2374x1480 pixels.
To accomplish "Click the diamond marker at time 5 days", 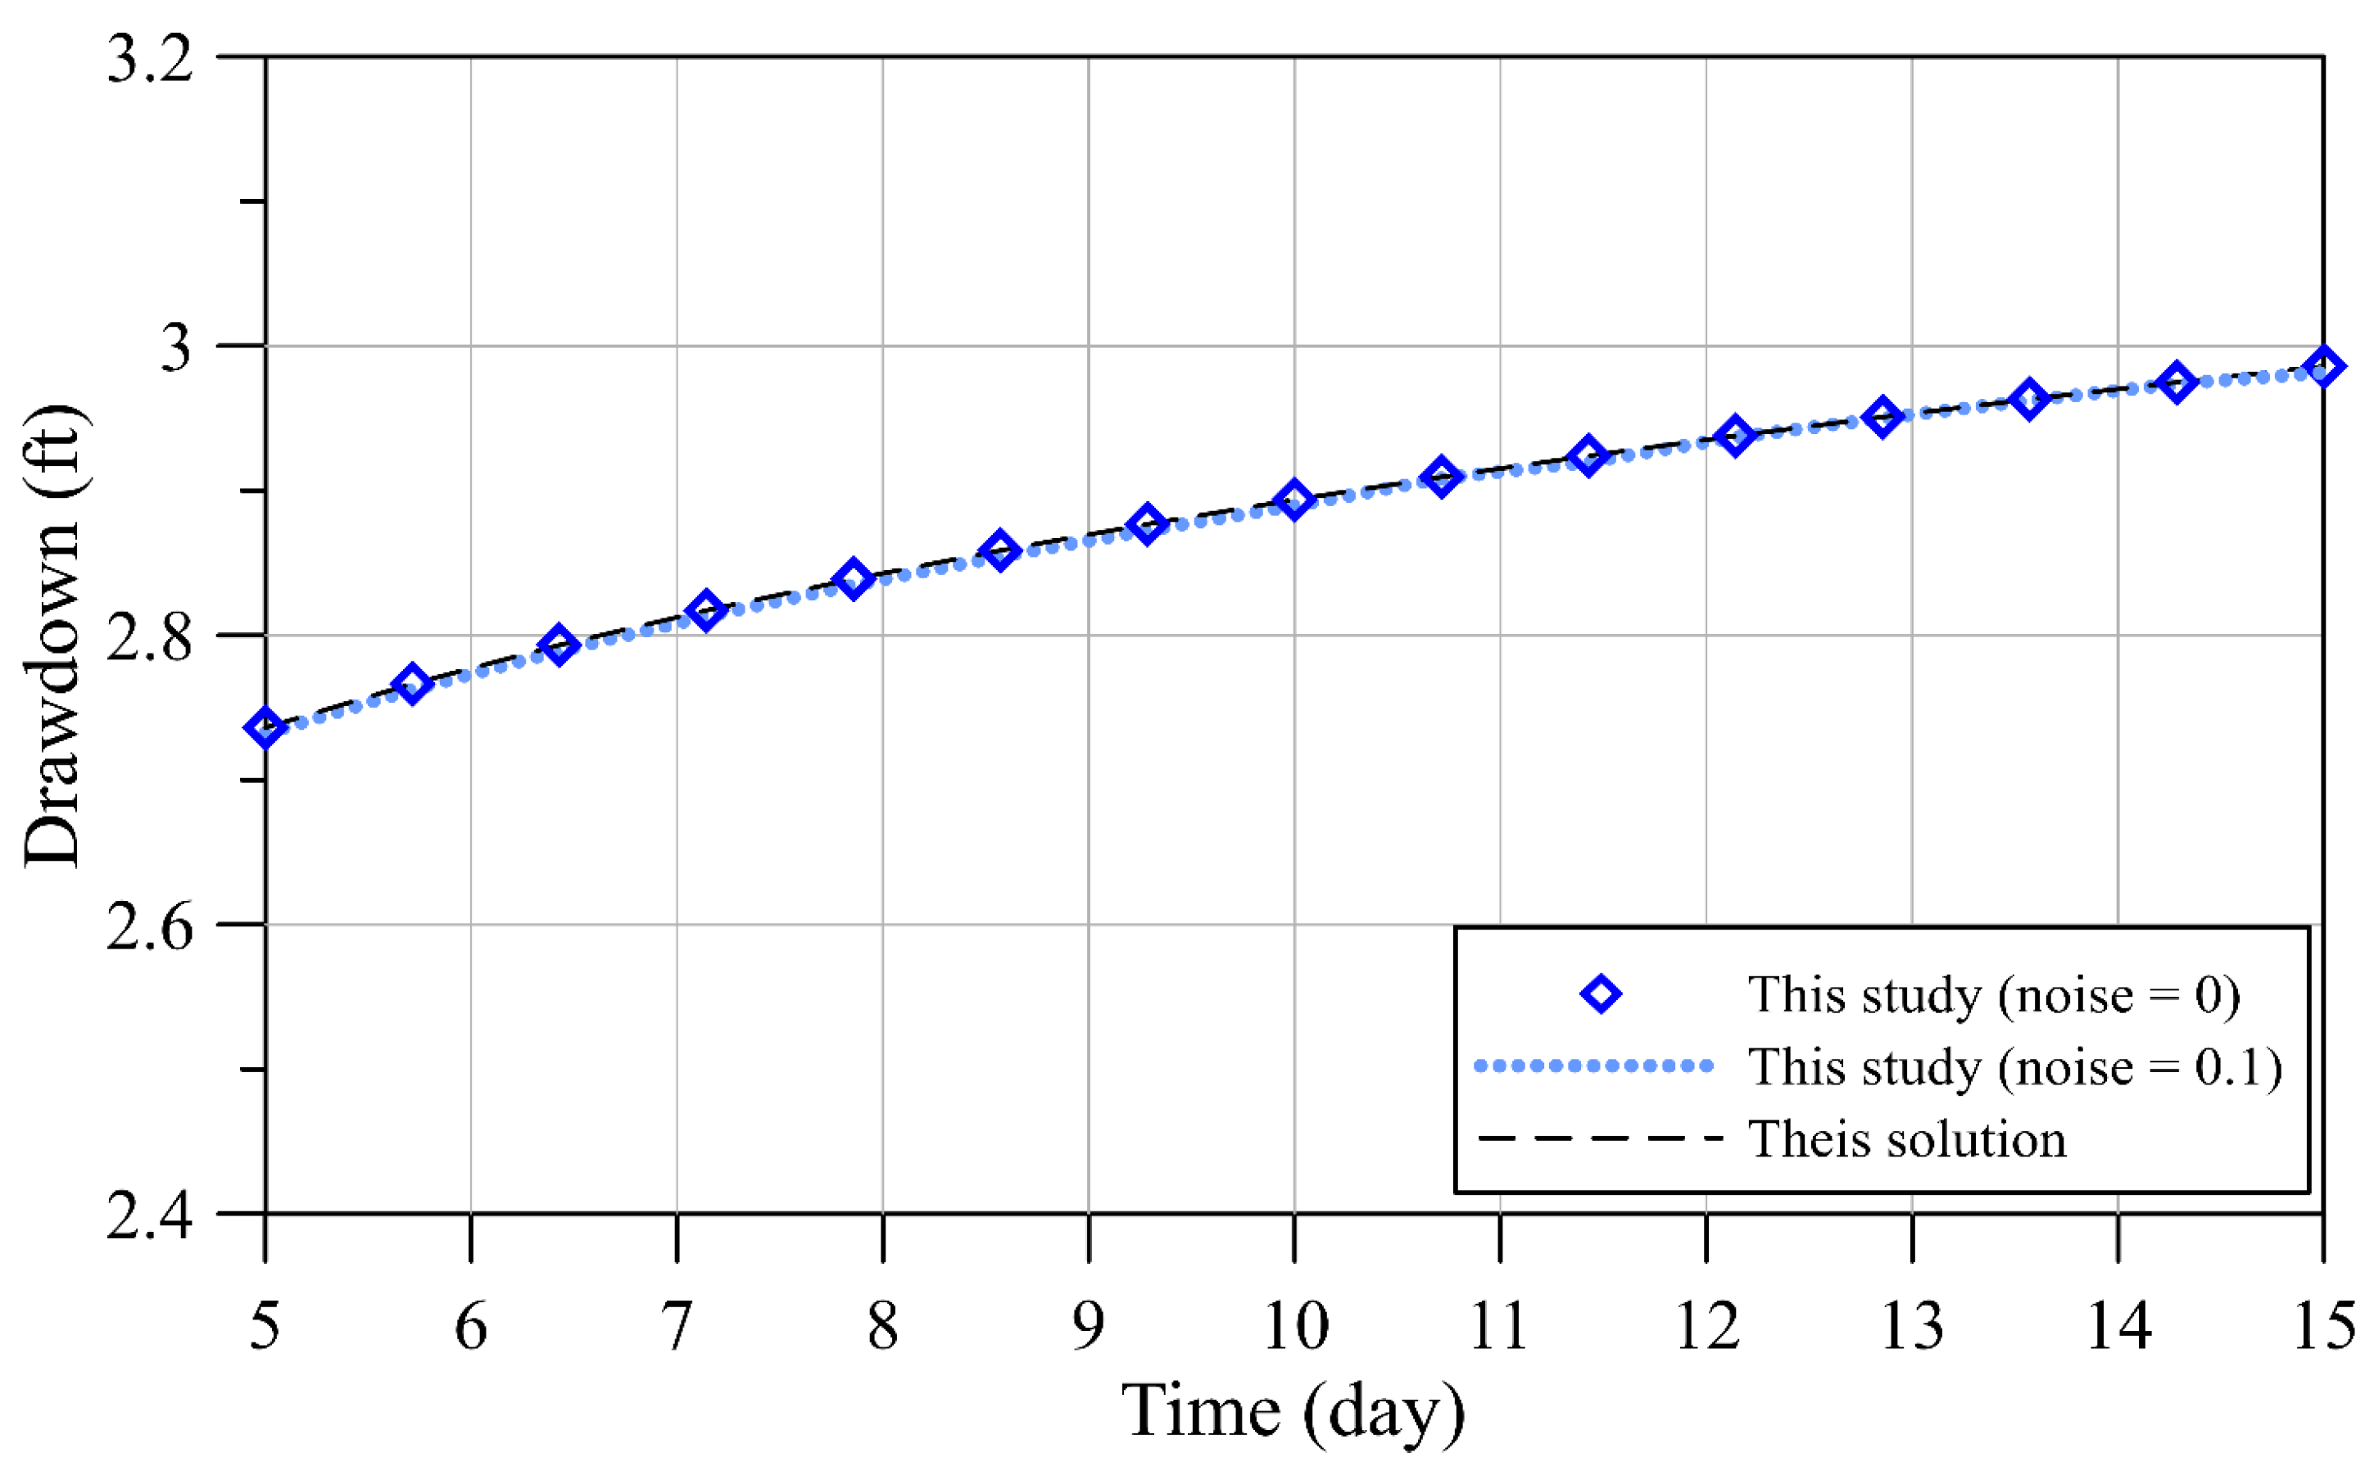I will point(265,727).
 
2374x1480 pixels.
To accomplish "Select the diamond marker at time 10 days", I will point(1294,500).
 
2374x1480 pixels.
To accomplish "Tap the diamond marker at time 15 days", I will point(2323,367).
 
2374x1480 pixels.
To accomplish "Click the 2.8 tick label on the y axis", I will point(149,636).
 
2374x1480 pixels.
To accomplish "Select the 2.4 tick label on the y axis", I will point(149,1215).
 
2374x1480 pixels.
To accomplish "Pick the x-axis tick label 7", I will point(677,1325).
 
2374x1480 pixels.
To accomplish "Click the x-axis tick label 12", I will point(1707,1325).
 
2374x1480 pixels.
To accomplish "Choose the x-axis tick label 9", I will point(1089,1325).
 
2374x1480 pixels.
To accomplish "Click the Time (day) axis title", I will point(1293,1410).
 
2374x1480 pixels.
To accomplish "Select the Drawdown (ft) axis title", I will point(53,636).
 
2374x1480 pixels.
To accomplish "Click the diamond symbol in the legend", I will point(1601,994).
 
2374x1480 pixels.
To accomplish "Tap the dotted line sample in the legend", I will point(1594,1066).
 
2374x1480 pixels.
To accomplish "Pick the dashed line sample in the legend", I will point(1599,1138).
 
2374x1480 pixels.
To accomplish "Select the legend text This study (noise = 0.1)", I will point(2014,1067).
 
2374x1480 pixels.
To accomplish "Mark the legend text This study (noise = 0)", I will point(1994,995).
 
